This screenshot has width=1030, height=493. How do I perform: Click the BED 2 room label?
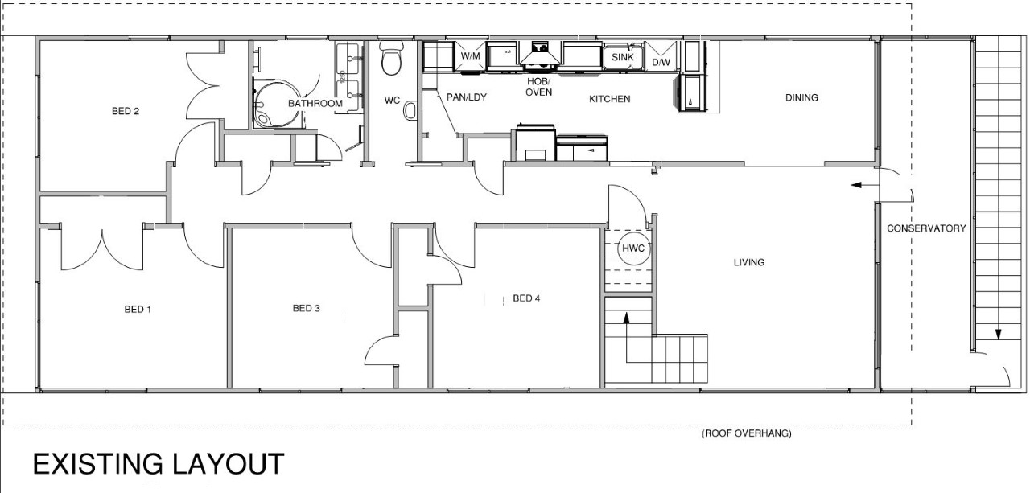pos(126,111)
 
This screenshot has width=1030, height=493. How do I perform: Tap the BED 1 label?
pos(138,310)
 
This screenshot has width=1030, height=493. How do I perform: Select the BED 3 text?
pos(307,308)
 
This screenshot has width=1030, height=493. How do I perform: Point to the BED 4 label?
pos(526,298)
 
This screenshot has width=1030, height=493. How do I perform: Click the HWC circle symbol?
pos(633,249)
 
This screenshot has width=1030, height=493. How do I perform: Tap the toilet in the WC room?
pos(391,58)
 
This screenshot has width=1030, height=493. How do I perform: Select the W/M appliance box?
pos(471,56)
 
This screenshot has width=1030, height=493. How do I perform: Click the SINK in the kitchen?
pos(623,57)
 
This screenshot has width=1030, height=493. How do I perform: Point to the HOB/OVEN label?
pos(538,87)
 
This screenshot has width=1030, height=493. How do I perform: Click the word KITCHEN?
pos(610,99)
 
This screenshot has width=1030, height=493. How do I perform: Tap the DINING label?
pos(801,97)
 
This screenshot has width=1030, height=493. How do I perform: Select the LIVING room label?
pos(749,262)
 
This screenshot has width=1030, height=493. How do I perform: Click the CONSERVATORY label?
pos(926,228)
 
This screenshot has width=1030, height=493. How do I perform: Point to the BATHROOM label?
pos(315,104)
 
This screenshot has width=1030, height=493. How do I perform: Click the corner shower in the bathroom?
pos(278,103)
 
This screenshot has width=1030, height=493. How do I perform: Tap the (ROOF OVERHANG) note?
pos(746,433)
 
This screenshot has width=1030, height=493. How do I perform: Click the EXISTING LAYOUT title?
pos(159,464)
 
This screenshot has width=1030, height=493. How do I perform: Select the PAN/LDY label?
pos(466,97)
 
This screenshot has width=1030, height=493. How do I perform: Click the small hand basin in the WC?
pos(410,110)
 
